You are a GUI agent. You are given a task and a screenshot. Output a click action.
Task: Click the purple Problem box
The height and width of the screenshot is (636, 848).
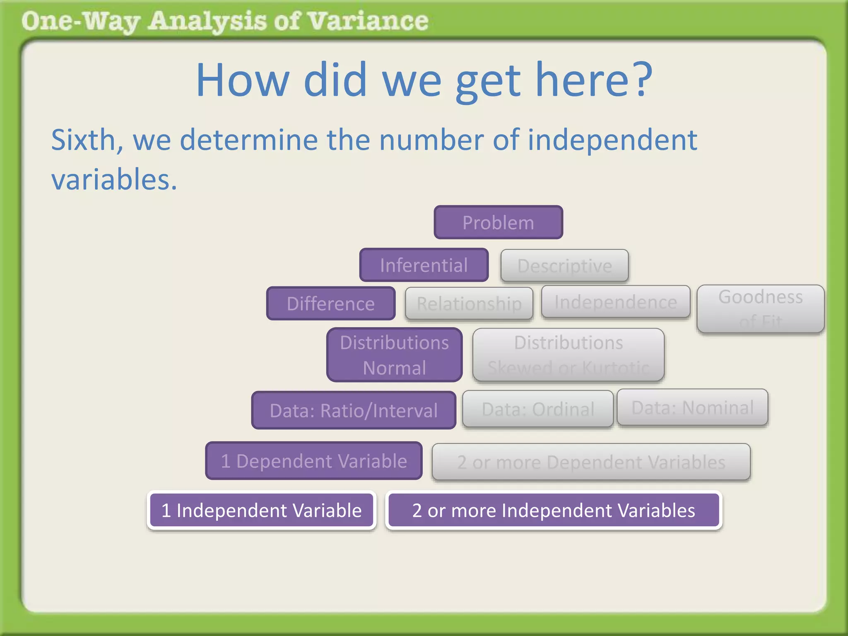(498, 222)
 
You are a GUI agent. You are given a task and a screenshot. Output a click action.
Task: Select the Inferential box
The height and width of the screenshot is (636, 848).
(424, 265)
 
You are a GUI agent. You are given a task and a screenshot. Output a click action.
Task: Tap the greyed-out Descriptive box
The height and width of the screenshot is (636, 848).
(564, 265)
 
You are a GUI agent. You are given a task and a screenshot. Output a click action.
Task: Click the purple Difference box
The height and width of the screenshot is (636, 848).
(331, 304)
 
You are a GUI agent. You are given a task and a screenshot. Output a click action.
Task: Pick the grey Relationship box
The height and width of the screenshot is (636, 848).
(469, 304)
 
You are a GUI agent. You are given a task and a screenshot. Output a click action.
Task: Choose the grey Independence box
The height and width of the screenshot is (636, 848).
(616, 302)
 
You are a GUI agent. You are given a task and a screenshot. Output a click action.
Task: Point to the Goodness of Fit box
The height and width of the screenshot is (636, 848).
(761, 308)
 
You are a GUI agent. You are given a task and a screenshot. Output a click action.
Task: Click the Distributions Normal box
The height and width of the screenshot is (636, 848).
(394, 355)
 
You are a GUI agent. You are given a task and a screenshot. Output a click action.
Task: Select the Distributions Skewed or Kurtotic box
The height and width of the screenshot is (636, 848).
(569, 355)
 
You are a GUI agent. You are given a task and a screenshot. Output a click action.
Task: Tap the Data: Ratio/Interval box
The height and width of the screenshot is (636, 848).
(354, 410)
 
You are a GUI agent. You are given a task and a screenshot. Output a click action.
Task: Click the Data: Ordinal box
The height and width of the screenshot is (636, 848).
(538, 409)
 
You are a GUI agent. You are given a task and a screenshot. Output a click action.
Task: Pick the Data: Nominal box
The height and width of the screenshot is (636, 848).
(692, 407)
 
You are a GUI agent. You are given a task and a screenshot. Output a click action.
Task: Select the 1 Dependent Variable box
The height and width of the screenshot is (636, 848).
(314, 461)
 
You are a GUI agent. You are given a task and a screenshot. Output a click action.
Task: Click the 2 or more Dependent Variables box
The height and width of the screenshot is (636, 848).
(591, 462)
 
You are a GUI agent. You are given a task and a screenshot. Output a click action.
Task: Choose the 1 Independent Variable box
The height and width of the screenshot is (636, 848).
(262, 510)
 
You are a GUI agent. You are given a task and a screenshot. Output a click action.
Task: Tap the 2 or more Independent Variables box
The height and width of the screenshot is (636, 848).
(554, 510)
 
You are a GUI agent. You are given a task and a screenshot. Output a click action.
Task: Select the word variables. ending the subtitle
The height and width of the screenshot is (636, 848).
(114, 180)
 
